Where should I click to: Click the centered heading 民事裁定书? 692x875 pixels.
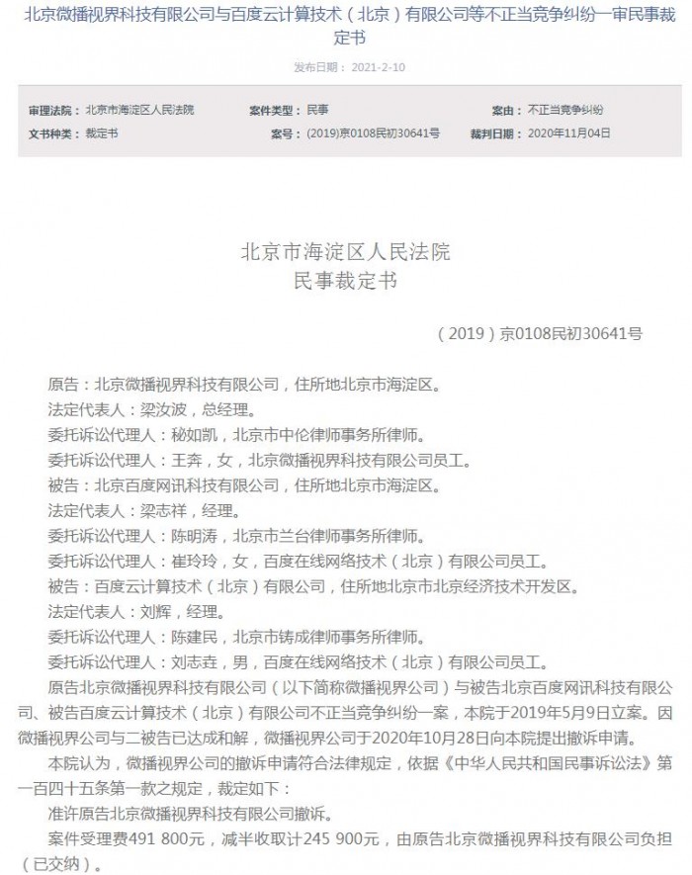[x=345, y=282]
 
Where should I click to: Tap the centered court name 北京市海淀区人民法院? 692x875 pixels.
[x=345, y=252]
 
